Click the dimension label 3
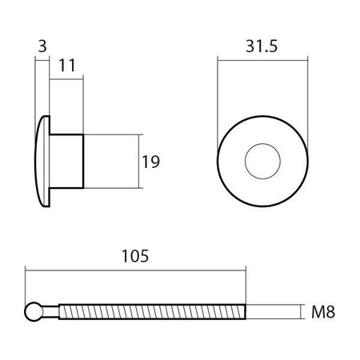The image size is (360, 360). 42,46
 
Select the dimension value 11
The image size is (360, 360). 67,66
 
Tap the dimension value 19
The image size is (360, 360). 150,162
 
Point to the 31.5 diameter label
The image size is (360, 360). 262,46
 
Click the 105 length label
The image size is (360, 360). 135,256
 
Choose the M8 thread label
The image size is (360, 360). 323,312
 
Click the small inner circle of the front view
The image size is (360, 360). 262,144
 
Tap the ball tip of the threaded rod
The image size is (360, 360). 34,311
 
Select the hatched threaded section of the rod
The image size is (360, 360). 152,311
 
